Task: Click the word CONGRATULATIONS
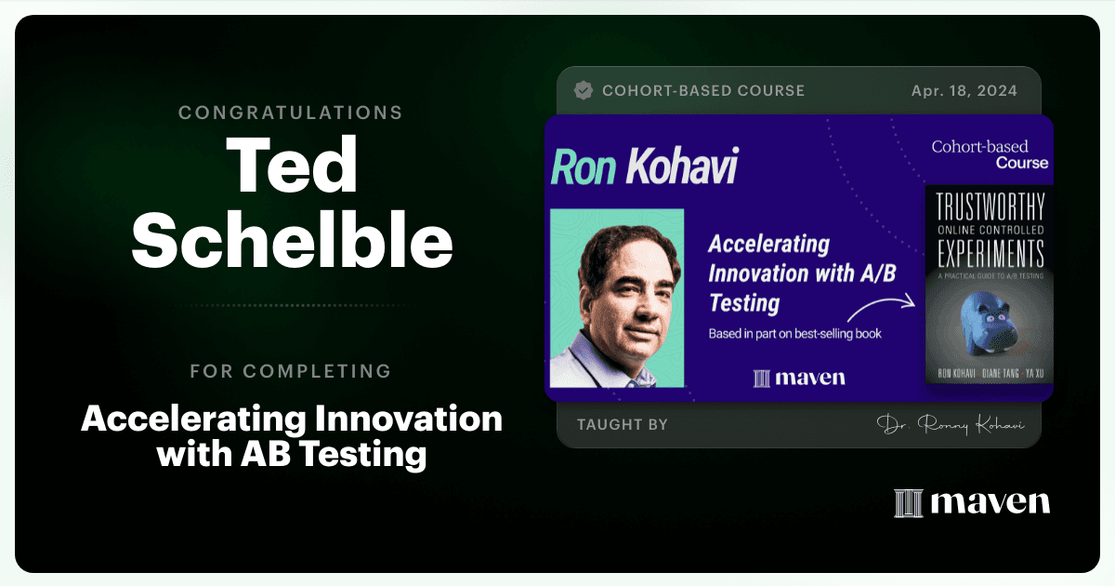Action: [290, 113]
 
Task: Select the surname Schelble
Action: [292, 239]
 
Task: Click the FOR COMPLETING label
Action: [291, 371]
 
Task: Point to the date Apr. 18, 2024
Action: [964, 91]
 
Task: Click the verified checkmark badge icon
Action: [584, 90]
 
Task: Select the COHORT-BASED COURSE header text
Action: [703, 91]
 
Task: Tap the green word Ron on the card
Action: [584, 167]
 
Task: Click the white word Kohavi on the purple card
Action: [682, 166]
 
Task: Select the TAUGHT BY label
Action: [623, 424]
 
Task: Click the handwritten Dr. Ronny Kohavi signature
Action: [951, 424]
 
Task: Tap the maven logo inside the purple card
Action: [799, 378]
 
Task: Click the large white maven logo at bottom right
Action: [972, 503]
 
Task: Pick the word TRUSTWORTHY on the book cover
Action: [990, 206]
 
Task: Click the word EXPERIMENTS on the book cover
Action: [990, 253]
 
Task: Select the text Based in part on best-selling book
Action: [795, 334]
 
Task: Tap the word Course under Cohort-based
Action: [1022, 163]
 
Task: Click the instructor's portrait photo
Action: [617, 298]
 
